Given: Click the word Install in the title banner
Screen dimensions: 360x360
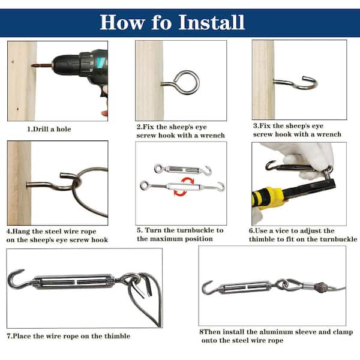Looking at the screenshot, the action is [x=211, y=22].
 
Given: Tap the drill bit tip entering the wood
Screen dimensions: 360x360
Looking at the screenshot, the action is [x=32, y=66].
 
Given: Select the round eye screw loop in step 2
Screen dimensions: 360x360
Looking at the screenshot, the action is [x=187, y=83].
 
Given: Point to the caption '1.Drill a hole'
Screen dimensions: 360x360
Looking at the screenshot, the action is [x=49, y=129].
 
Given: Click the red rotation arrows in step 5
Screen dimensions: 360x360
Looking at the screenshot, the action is [x=184, y=187].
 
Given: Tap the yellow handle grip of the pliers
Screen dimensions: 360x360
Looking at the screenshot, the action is [x=269, y=198].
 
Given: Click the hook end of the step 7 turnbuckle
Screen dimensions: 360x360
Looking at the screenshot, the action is [x=17, y=278].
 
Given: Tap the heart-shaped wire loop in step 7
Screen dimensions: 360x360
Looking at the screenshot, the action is [x=146, y=298].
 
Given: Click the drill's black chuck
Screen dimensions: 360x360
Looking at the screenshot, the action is [x=66, y=65].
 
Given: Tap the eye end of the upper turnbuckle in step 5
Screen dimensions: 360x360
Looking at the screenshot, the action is [x=158, y=168].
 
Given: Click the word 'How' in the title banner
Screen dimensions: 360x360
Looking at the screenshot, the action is [x=122, y=22].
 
